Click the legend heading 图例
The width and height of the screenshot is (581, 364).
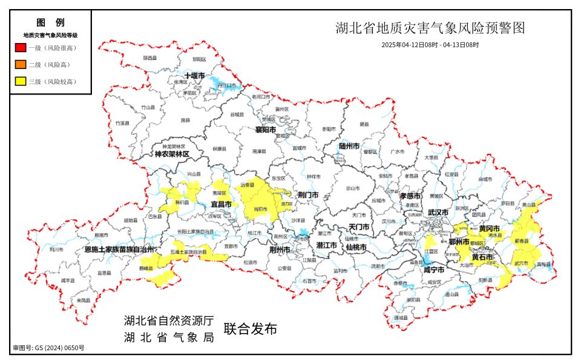(50, 22)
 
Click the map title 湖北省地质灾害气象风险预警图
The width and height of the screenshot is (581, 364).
(430, 28)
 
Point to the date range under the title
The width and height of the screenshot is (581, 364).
(430, 45)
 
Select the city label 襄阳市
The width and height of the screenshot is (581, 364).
(265, 130)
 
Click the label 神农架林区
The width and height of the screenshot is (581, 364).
(172, 154)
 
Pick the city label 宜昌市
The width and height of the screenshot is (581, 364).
(222, 204)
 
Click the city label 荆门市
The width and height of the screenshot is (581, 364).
(308, 195)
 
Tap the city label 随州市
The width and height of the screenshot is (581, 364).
(349, 146)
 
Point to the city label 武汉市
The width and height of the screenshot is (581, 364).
(438, 213)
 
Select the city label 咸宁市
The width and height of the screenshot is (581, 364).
(434, 270)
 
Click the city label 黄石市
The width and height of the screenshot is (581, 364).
(482, 257)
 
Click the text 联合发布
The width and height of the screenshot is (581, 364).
(251, 329)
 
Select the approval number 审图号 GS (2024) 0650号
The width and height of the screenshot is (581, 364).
(49, 348)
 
